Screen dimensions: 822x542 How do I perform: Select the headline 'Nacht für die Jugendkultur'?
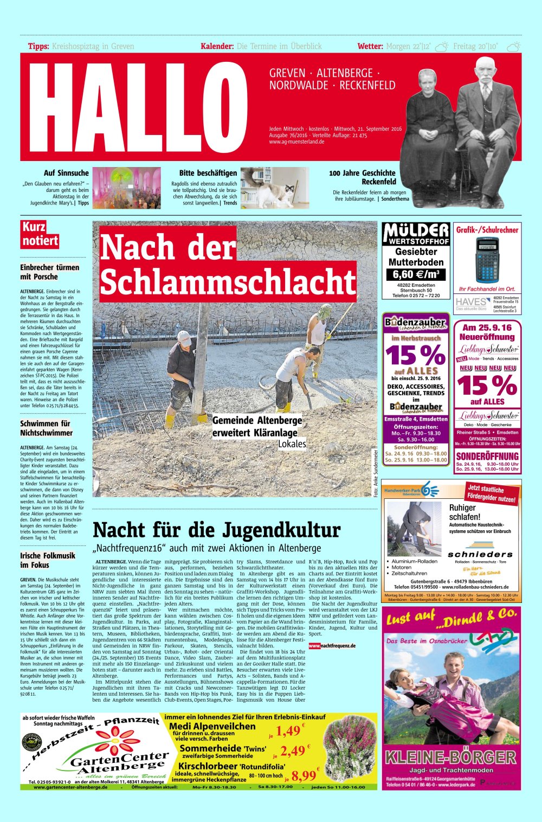[x=216, y=530]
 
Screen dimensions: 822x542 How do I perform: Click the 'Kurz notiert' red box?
[x=40, y=234]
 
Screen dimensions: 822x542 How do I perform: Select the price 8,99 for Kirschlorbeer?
[x=304, y=775]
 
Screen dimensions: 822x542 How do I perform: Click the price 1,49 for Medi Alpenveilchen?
[x=288, y=731]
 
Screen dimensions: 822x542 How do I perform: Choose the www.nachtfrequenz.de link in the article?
[x=332, y=646]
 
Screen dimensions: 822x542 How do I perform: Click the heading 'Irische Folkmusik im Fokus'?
[x=48, y=560]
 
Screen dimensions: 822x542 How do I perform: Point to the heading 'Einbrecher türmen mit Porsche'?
[x=50, y=272]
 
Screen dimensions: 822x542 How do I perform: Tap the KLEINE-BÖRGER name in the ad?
[x=450, y=757]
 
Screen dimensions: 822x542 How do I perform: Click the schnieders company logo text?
[x=480, y=554]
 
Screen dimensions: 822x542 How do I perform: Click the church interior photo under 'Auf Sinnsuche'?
[x=127, y=188]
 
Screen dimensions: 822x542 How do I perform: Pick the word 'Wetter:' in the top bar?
[x=370, y=47]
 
